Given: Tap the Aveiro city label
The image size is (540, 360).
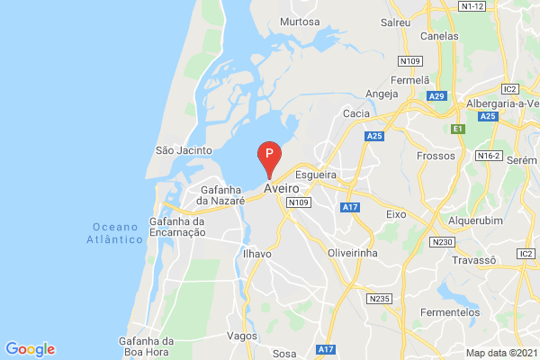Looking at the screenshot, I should (281, 190).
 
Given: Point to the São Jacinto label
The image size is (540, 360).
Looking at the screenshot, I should (184, 150).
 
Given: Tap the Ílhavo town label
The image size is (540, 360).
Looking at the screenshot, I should (257, 255).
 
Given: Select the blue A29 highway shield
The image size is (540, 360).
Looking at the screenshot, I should (437, 96).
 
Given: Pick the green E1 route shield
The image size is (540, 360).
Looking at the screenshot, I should (457, 130).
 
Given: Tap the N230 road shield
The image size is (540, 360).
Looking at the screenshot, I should (442, 242).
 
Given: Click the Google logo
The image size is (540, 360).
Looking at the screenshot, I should (30, 349).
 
